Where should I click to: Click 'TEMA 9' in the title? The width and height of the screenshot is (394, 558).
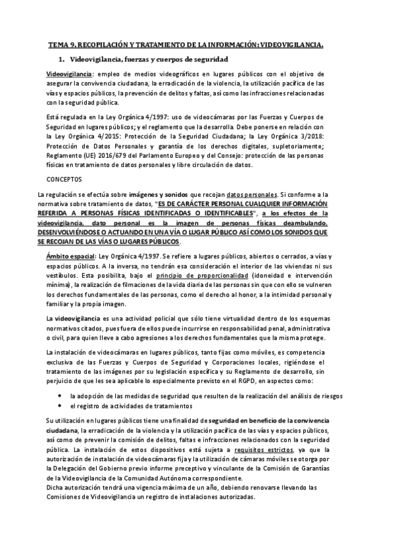click(63, 45)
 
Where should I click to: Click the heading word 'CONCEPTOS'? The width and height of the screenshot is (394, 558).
click(64, 178)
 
